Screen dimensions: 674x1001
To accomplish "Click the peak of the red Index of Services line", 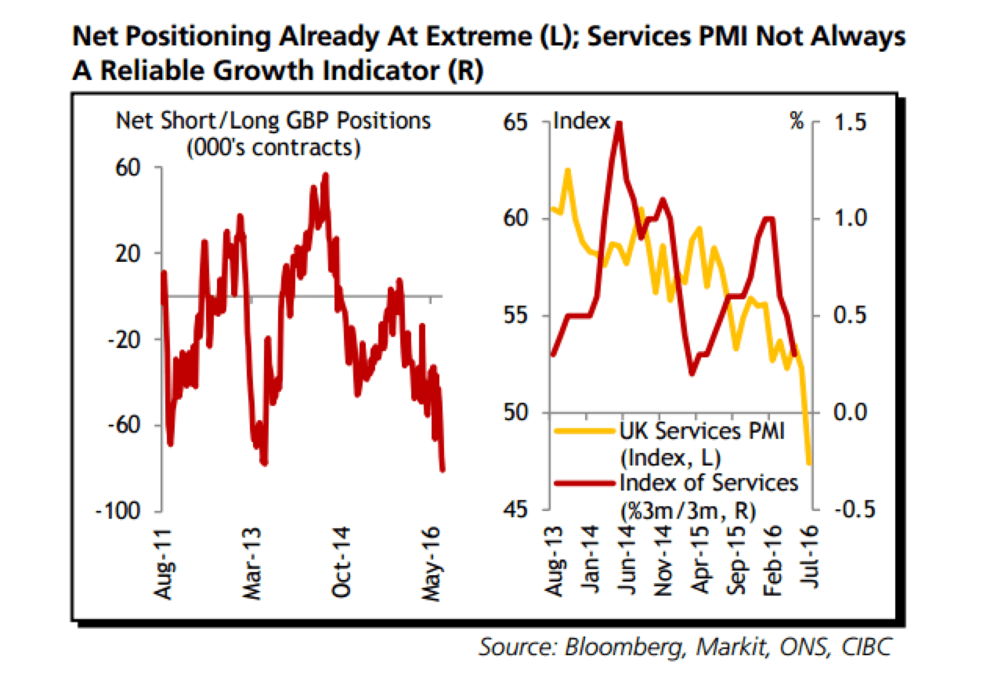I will click(x=620, y=123).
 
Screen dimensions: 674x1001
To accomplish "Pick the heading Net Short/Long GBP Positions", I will click(x=273, y=121).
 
